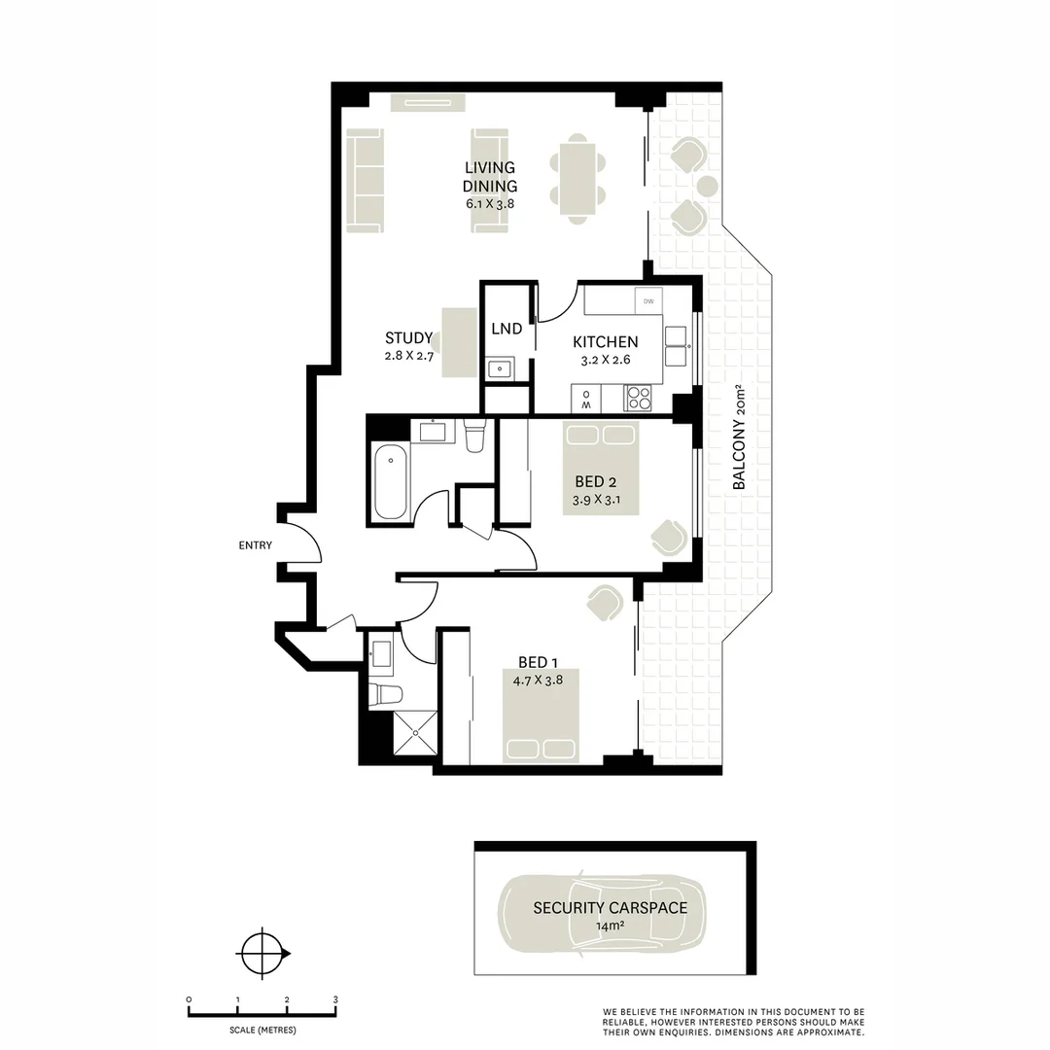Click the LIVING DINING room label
coord(490,177)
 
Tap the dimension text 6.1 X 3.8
coord(490,204)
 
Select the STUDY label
coord(408,338)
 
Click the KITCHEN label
coord(605,342)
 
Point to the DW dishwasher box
coord(648,301)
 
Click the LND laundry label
coord(507,330)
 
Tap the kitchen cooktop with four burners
coord(639,399)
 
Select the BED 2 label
coord(596,483)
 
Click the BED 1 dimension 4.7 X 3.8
coord(539,681)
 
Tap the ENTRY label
coord(256,545)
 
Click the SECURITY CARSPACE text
coord(610,908)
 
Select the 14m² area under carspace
coord(610,927)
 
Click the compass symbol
coord(262,952)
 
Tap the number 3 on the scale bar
coord(335,999)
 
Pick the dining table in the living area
coord(577,180)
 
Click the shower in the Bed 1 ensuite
coord(415,731)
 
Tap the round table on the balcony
coord(708,186)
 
